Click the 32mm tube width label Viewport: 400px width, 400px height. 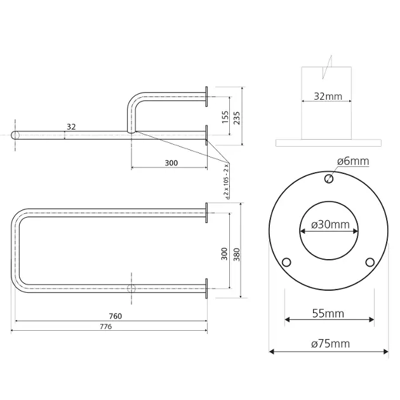[x=328, y=97]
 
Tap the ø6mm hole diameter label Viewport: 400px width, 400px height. [x=353, y=161]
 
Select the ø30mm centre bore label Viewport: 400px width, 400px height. [x=330, y=225]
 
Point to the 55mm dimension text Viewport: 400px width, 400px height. [x=328, y=314]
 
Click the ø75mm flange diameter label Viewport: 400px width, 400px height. [x=330, y=343]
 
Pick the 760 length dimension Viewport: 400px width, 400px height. [x=116, y=316]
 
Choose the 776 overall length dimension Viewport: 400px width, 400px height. [x=106, y=326]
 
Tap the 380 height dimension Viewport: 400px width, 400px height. [x=237, y=255]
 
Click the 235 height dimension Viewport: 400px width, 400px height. [x=237, y=118]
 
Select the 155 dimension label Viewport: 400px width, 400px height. [x=225, y=117]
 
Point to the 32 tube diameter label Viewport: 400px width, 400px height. [x=71, y=127]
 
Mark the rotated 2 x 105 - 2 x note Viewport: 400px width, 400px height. [x=226, y=181]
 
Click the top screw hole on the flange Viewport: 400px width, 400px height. [x=329, y=178]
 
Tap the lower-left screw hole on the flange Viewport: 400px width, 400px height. [x=286, y=262]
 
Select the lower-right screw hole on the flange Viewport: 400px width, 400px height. [x=370, y=262]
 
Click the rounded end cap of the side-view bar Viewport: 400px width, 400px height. [x=14, y=135]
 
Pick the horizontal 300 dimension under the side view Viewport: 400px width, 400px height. [x=171, y=163]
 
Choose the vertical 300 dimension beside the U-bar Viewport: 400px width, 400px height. [x=224, y=253]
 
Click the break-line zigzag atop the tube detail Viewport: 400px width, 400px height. [x=327, y=67]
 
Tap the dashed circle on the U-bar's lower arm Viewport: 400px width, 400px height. [x=131, y=288]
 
